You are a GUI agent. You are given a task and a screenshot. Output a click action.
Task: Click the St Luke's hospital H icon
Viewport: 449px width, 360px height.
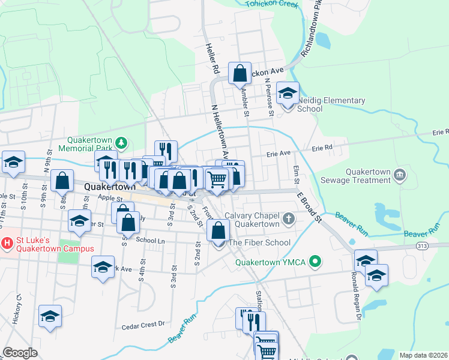click(7, 244)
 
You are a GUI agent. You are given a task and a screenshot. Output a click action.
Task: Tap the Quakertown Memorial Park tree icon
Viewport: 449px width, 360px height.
click(122, 142)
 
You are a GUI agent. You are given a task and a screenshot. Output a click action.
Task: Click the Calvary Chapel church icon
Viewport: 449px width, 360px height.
click(289, 218)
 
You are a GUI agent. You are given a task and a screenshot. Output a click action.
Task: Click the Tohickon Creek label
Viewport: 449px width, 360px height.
click(272, 4)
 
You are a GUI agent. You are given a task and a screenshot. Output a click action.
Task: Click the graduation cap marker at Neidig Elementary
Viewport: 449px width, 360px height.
click(288, 94)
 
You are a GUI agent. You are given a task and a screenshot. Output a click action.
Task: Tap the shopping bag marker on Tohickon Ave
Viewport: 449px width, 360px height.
click(240, 74)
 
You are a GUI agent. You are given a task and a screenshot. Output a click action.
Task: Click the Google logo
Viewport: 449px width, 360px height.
click(20, 353)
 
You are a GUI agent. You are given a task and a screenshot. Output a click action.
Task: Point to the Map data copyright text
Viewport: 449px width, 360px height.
click(423, 355)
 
